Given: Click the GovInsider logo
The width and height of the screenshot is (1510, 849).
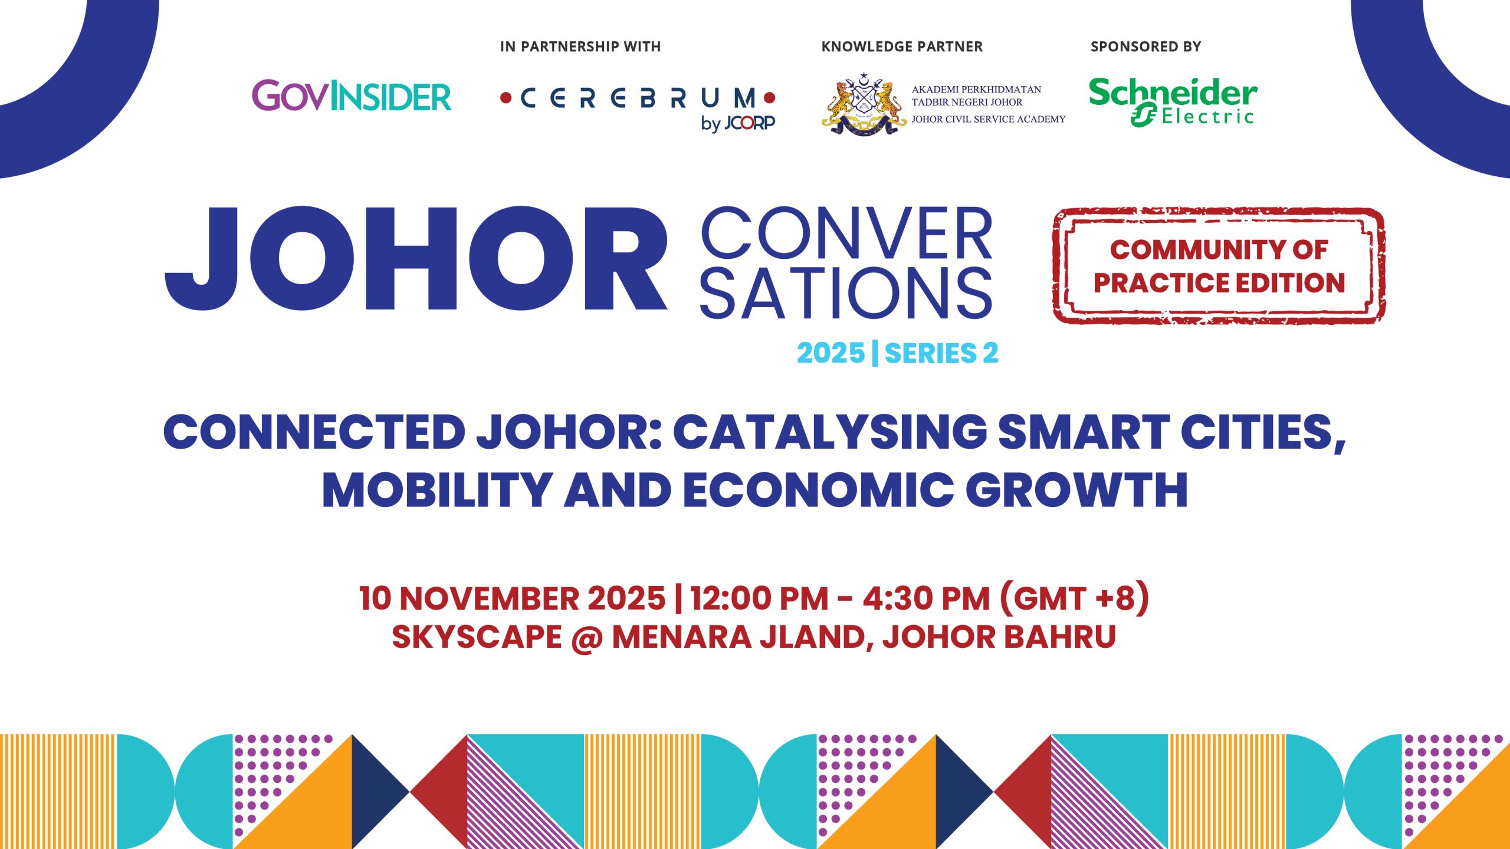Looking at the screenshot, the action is [x=352, y=96].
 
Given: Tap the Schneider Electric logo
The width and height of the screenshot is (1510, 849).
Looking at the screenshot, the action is [x=1173, y=101].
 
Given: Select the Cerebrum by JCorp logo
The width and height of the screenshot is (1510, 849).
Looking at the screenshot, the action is [x=638, y=108].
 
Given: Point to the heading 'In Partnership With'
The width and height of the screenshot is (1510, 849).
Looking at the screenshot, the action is [x=580, y=47].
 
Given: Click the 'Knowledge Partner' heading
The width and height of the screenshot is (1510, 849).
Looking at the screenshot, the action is [x=902, y=47].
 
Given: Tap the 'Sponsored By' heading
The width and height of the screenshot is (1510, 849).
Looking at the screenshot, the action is [x=1145, y=47].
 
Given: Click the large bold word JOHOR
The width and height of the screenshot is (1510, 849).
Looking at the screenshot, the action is [x=416, y=259].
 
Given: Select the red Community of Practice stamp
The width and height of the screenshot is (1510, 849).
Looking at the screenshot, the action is [x=1219, y=266].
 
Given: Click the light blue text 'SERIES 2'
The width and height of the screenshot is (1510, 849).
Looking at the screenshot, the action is [x=941, y=353].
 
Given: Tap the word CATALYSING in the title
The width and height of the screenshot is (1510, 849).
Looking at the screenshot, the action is [x=830, y=431].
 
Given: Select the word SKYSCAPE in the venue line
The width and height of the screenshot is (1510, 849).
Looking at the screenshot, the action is [x=477, y=637].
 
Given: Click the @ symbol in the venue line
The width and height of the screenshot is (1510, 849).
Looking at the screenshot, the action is [x=586, y=638].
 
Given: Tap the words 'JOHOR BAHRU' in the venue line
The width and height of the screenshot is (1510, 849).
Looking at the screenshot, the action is [x=999, y=637].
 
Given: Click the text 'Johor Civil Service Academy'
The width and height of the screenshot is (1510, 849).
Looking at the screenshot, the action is [x=989, y=119].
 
